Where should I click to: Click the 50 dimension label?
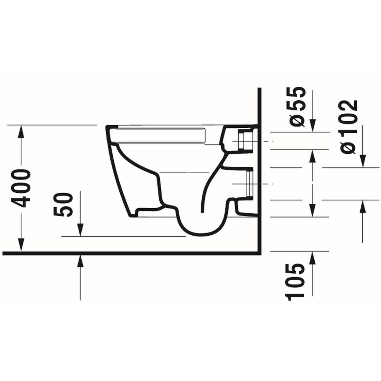[x=63, y=205]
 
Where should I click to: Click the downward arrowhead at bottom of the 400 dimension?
[x=21, y=246]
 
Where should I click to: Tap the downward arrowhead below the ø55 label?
[x=312, y=125]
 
